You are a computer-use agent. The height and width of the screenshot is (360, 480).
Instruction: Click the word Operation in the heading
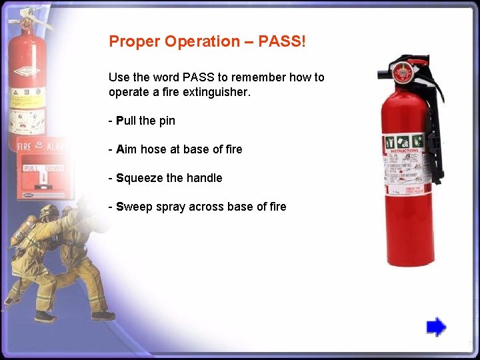(x=202, y=42)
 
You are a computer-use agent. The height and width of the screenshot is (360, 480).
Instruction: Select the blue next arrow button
(x=436, y=327)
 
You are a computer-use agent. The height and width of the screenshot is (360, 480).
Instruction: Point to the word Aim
(x=127, y=149)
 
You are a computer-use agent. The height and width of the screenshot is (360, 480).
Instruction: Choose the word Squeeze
(x=139, y=178)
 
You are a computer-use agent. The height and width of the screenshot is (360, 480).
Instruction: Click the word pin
(x=167, y=121)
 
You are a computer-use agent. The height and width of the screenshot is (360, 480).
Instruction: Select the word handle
(x=204, y=178)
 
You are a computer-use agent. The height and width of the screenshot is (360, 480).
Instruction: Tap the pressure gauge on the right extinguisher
(x=401, y=73)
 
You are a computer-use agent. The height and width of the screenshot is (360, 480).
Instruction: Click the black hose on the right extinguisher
(x=433, y=133)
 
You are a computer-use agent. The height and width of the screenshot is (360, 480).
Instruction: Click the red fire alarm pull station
(x=41, y=177)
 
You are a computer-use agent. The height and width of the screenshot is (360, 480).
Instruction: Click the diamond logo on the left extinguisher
(x=27, y=71)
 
